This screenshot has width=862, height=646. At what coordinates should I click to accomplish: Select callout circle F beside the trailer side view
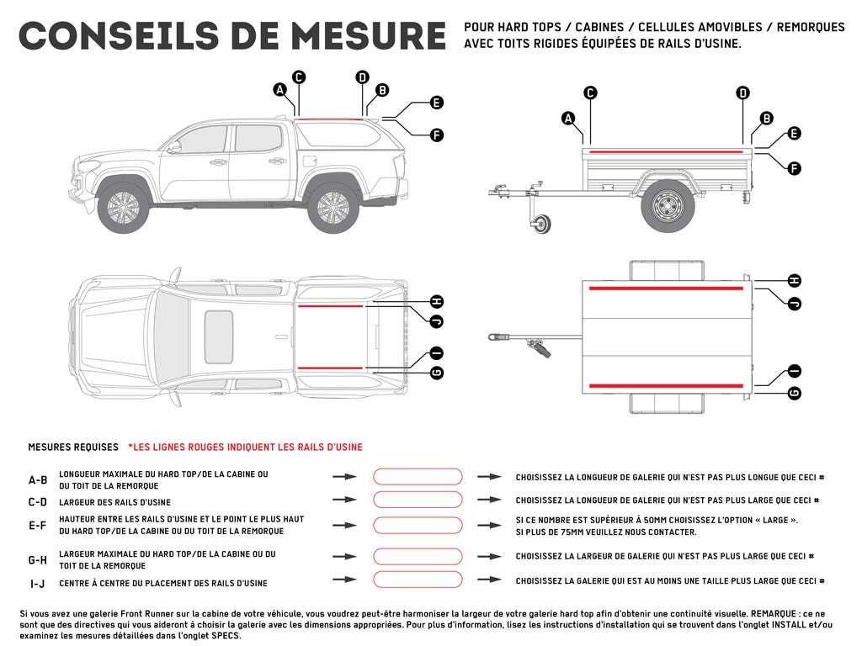(x=794, y=168)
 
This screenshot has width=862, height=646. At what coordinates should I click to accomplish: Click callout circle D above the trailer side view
(x=742, y=93)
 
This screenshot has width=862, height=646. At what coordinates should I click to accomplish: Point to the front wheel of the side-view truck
(x=123, y=208)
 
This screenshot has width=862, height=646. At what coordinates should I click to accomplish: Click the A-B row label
(x=38, y=480)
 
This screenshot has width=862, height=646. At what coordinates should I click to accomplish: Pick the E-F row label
(x=38, y=526)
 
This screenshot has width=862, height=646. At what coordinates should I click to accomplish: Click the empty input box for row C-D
(x=418, y=500)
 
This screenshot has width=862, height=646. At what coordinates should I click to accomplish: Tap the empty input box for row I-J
(x=418, y=580)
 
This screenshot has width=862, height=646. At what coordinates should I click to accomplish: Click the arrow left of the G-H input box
(x=344, y=557)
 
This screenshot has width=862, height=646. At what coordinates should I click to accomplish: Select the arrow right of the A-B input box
(x=489, y=477)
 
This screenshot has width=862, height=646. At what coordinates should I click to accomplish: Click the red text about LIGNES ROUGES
(x=245, y=447)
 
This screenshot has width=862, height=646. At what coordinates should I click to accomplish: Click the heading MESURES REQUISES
(x=72, y=447)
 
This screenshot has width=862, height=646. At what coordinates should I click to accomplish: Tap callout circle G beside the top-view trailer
(x=794, y=393)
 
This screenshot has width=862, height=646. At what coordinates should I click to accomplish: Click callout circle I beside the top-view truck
(x=436, y=353)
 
